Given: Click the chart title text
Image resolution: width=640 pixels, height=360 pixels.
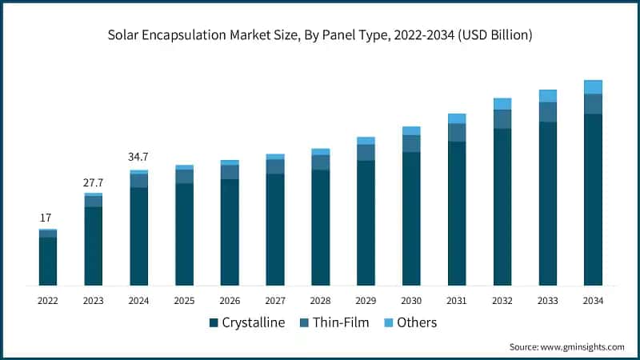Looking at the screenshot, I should click(320, 36).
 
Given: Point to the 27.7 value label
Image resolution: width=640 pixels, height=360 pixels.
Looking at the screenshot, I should click(94, 182).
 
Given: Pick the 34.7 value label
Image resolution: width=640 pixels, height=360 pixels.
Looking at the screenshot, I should click(138, 157).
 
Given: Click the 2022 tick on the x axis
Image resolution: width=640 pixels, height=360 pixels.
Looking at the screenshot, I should click(48, 301).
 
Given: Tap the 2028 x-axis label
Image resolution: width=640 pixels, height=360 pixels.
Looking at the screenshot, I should click(320, 301).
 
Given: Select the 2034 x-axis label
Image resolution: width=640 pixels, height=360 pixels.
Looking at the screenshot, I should click(593, 301).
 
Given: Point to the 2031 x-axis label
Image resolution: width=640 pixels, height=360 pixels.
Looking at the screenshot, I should click(457, 301).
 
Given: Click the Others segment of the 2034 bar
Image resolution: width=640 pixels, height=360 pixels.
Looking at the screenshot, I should click(593, 87).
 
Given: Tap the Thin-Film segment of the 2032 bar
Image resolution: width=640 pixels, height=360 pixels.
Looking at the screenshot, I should click(502, 119).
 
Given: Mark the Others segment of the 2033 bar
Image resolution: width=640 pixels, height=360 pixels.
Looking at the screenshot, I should click(548, 96).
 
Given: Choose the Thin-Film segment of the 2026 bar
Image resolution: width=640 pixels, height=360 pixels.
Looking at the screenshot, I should click(230, 172).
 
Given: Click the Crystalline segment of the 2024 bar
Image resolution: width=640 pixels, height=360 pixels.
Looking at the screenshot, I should click(138, 236).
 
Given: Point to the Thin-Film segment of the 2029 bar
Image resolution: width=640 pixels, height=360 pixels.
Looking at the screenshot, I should click(366, 152).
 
